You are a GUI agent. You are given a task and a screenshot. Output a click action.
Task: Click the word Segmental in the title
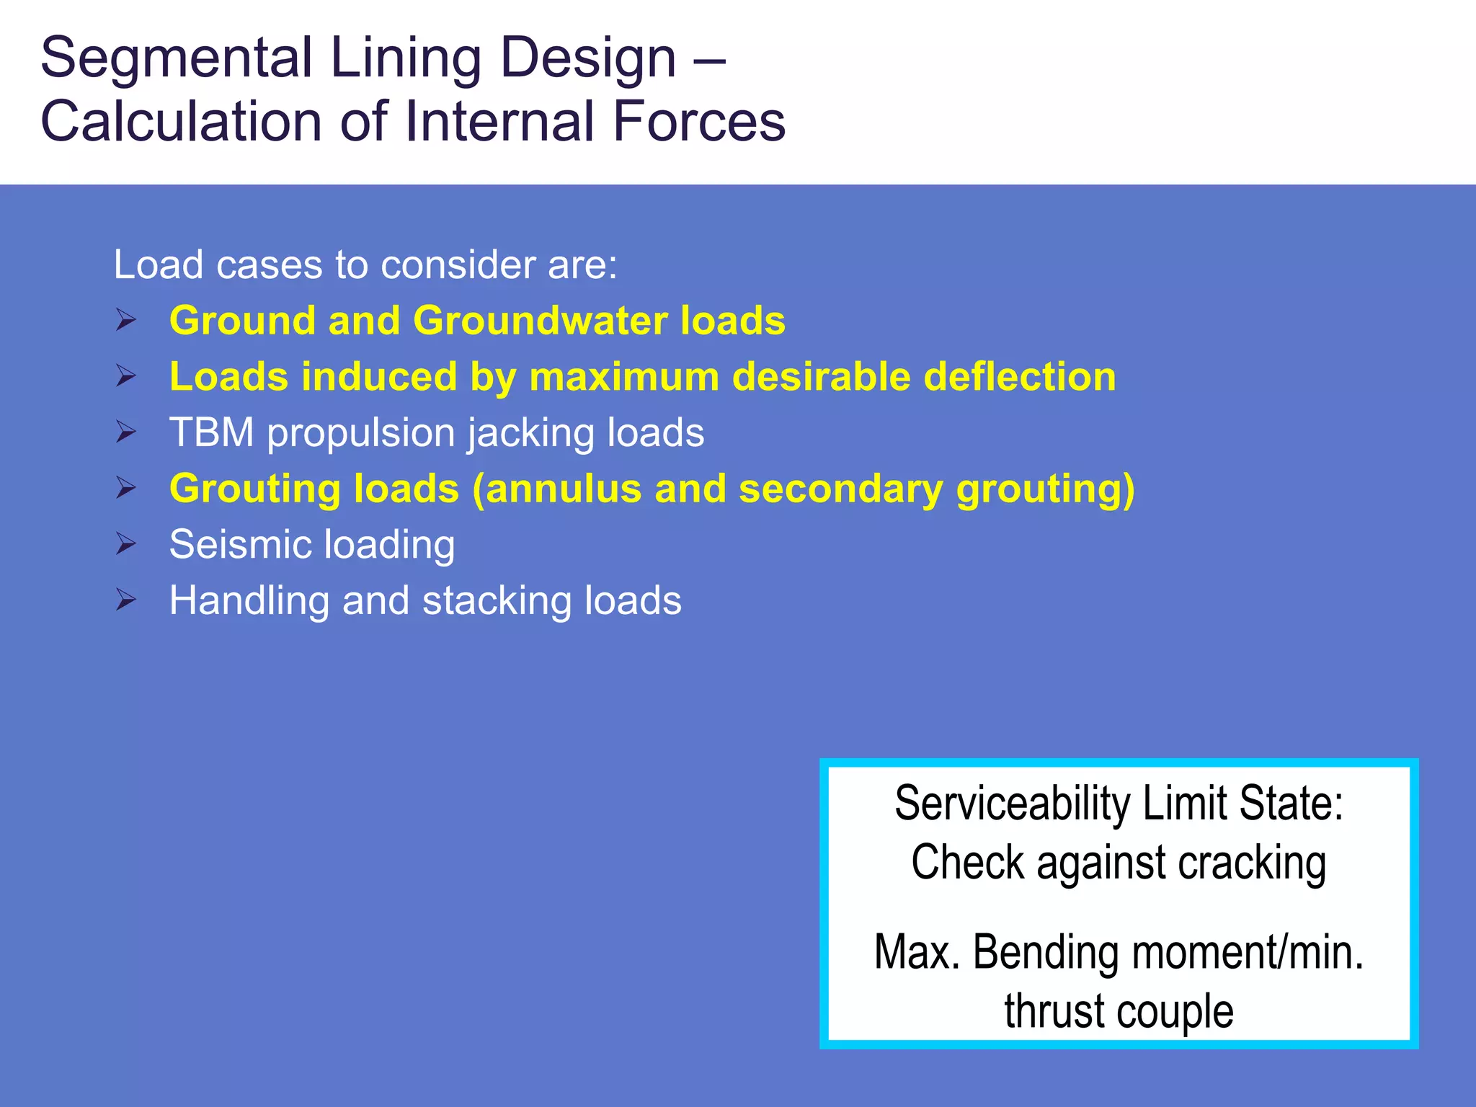point(177,58)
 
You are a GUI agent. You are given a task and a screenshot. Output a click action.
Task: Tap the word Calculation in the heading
point(181,121)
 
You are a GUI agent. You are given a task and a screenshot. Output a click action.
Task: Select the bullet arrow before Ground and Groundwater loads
point(126,319)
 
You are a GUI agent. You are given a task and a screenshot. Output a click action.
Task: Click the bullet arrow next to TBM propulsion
point(126,432)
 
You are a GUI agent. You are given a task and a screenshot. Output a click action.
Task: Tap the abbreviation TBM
point(211,432)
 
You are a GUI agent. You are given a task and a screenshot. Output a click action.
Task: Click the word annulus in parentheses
point(562,489)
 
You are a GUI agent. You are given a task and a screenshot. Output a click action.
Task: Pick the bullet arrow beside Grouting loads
point(126,488)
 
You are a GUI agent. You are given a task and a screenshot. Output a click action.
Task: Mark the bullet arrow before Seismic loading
point(126,543)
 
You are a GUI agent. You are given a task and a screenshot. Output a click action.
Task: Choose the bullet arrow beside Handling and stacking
point(126,600)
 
